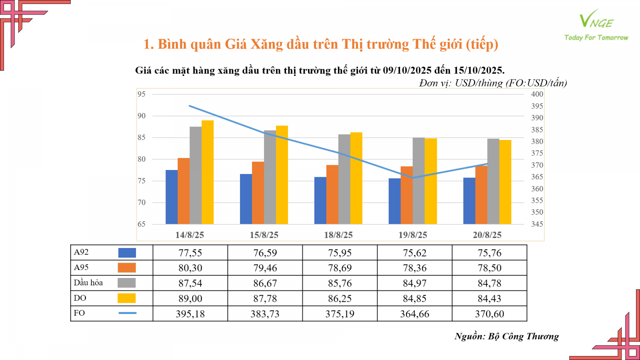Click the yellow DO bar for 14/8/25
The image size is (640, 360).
[208, 172]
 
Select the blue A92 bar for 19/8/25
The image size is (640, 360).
[394, 201]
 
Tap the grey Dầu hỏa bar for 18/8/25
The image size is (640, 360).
[344, 179]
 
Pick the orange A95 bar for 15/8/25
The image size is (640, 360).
[258, 193]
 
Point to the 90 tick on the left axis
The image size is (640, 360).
[142, 116]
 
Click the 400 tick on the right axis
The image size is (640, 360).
[537, 94]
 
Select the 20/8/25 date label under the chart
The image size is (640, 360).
[487, 235]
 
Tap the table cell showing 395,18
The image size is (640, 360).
[190, 314]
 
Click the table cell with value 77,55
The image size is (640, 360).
[190, 253]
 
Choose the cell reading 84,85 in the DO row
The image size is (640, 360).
[414, 298]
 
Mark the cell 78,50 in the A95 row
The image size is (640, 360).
[489, 268]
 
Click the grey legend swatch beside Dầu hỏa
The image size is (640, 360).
[127, 283]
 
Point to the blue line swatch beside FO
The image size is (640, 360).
[127, 313]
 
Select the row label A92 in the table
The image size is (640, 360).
[81, 252]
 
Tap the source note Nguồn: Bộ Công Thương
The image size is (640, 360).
[506, 336]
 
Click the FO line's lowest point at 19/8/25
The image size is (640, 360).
[413, 178]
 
